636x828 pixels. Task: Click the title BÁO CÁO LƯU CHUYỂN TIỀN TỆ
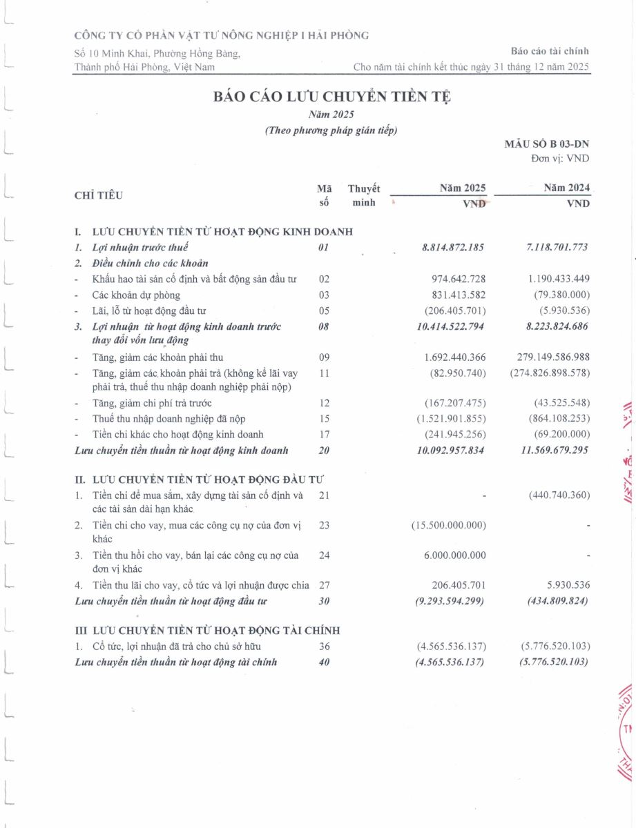point(332,97)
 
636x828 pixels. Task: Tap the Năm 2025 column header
point(463,188)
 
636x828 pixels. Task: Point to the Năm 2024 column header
point(566,188)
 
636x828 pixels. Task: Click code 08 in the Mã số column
point(324,326)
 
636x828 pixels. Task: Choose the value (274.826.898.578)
point(550,373)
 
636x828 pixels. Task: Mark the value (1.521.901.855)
point(451,419)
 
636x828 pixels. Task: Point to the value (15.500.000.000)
point(449,525)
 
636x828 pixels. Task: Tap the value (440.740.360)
point(559,495)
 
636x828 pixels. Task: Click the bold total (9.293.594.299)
point(450,601)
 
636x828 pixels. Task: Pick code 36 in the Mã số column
point(325,647)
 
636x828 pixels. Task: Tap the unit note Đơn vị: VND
point(560,158)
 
